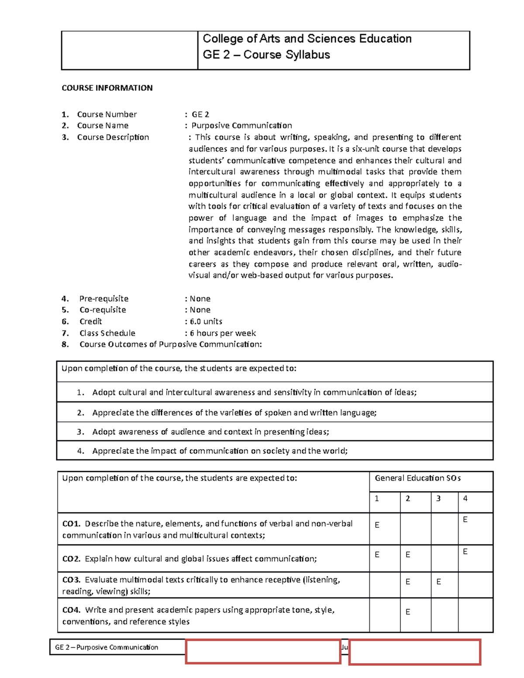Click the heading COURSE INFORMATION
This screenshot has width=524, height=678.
[x=107, y=88]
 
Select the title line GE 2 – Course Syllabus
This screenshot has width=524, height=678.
[x=266, y=55]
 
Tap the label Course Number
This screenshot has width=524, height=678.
[x=107, y=114]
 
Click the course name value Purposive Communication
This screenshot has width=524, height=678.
[x=241, y=126]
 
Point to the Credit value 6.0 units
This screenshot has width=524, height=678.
[x=206, y=321]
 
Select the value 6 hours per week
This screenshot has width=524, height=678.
[x=222, y=333]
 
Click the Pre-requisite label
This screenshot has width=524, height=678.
[x=103, y=299]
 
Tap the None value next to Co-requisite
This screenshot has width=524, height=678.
[x=200, y=310]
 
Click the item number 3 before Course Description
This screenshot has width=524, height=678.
[x=65, y=137]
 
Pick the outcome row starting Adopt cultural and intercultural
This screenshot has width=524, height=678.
[x=254, y=392]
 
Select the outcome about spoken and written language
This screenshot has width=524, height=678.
[x=234, y=413]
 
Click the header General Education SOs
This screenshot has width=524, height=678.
[x=417, y=478]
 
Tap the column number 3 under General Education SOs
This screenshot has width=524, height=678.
[x=438, y=499]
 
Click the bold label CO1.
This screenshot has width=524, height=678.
[x=71, y=523]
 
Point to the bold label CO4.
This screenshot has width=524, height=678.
[x=71, y=610]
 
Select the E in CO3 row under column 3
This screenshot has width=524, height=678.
[x=438, y=582]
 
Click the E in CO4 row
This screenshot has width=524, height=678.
[x=408, y=612]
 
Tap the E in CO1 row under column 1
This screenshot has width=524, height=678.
[x=377, y=525]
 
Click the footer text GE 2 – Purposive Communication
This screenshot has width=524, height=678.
[x=107, y=647]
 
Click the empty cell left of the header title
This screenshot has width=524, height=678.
[x=129, y=50]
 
